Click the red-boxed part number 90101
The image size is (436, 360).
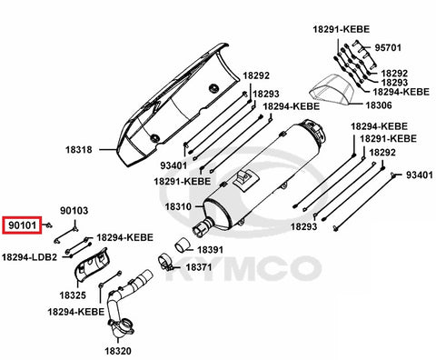click(x=23, y=225)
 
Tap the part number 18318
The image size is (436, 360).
click(x=79, y=150)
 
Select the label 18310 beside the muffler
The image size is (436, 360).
click(x=178, y=207)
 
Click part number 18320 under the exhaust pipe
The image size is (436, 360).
click(x=118, y=351)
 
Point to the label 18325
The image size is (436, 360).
click(x=73, y=295)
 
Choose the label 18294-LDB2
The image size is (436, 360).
click(x=29, y=257)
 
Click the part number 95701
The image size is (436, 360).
click(x=388, y=48)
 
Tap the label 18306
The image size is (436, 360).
click(x=379, y=105)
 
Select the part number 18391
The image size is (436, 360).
click(x=211, y=250)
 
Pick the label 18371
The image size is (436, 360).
click(x=199, y=267)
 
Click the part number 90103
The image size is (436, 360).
click(x=74, y=211)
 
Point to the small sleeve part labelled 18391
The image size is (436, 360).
click(x=182, y=245)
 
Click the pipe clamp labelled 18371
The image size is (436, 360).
click(x=166, y=263)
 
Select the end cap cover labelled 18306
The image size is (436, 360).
click(x=332, y=90)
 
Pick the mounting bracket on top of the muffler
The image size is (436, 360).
click(x=245, y=179)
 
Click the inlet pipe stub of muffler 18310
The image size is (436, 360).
click(x=203, y=228)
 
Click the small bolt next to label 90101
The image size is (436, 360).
click(x=49, y=225)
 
